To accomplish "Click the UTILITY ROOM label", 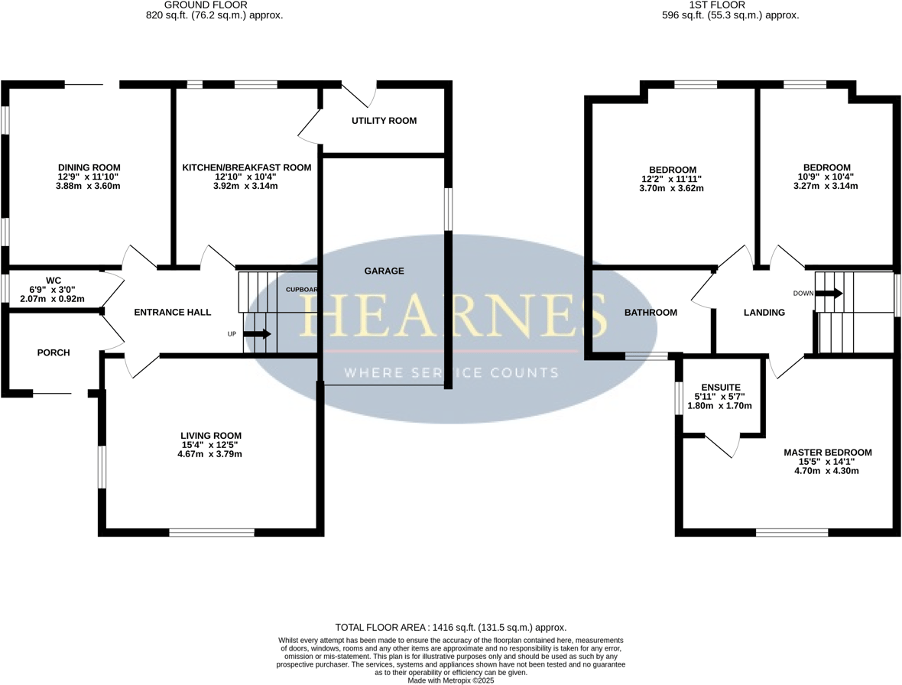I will (x=384, y=121).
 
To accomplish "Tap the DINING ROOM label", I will (x=89, y=167).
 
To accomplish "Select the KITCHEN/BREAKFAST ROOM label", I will (x=246, y=167).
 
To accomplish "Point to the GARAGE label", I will (x=384, y=271).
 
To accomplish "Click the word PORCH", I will (x=54, y=352).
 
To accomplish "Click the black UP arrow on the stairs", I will (x=257, y=334).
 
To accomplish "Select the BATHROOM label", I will (x=651, y=312).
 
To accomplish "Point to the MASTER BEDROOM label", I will (x=827, y=453).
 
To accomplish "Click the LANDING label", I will (x=764, y=312).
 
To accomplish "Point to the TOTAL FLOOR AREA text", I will (x=451, y=627).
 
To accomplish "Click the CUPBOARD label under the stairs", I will (x=301, y=290).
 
